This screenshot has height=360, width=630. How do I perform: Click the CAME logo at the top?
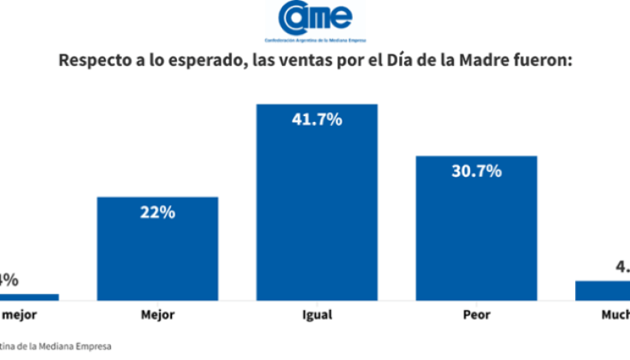(314, 18)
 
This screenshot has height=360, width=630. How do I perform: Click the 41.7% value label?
(317, 119)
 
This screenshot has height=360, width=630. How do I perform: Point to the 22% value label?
(157, 212)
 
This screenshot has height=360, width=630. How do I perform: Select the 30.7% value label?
(476, 171)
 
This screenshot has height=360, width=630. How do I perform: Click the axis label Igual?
(317, 314)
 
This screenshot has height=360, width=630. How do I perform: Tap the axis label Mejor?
(157, 314)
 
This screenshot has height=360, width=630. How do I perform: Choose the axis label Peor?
(476, 314)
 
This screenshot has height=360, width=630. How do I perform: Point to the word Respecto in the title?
(92, 61)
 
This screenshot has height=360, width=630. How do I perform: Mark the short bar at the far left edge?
(28, 296)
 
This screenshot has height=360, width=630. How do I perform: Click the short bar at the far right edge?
(603, 290)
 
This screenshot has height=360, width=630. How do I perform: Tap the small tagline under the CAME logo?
(314, 40)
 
